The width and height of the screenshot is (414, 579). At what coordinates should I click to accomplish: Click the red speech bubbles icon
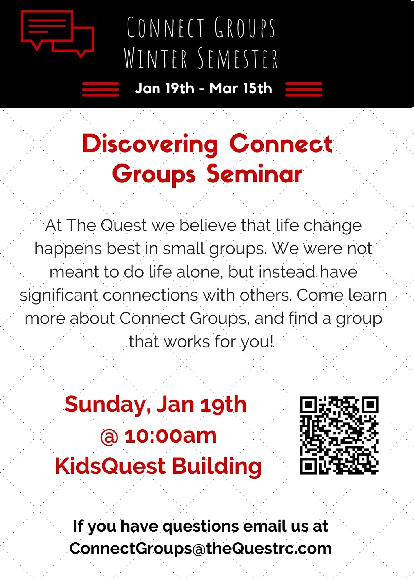(57, 34)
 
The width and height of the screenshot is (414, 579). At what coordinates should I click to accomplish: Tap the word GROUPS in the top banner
(244, 28)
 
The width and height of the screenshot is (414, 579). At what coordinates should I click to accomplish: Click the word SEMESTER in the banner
(238, 59)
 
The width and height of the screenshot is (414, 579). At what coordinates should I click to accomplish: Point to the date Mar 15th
(241, 88)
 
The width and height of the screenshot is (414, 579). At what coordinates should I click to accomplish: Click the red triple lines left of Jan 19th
(100, 89)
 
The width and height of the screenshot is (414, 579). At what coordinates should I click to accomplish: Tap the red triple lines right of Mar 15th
(304, 89)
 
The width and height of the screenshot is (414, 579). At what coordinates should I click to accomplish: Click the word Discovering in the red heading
(150, 144)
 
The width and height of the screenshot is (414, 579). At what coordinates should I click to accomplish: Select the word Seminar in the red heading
(254, 175)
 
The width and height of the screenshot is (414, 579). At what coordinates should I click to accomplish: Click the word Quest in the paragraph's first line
(124, 226)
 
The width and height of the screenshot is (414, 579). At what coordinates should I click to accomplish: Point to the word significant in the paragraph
(59, 296)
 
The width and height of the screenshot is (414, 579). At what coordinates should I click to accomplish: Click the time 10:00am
(170, 436)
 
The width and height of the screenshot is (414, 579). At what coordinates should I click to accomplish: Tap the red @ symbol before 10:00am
(109, 437)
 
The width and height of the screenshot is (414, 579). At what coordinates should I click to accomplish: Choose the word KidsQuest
(110, 466)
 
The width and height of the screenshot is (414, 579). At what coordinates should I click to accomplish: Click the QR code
(339, 435)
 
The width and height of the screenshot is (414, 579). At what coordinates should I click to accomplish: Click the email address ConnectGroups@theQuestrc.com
(200, 548)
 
